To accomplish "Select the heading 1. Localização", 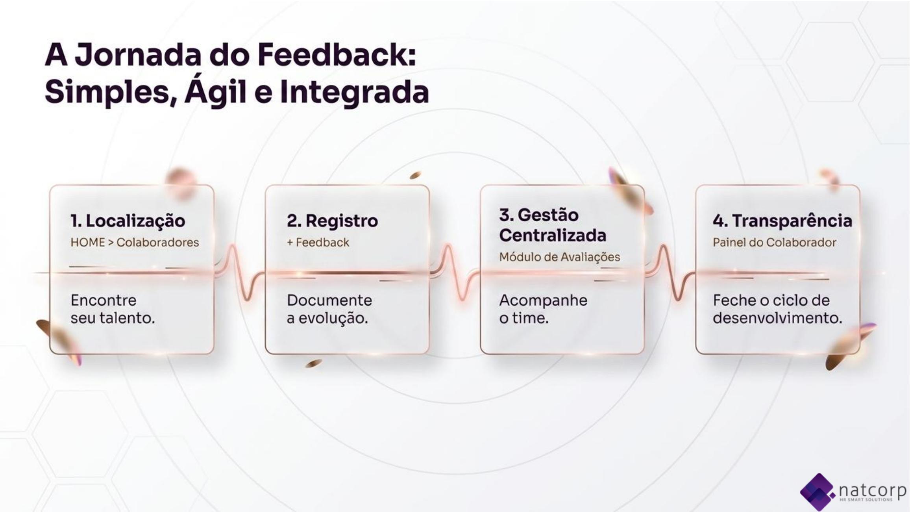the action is pyautogui.click(x=128, y=221).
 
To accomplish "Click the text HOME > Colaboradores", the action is pyautogui.click(x=135, y=242).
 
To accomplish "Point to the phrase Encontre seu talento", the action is pyautogui.click(x=113, y=309).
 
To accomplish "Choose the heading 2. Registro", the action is pyautogui.click(x=332, y=221).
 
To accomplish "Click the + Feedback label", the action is pyautogui.click(x=318, y=242).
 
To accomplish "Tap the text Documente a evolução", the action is pyautogui.click(x=329, y=309).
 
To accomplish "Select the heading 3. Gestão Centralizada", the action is pyautogui.click(x=553, y=225).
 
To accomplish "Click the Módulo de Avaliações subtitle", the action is pyautogui.click(x=559, y=257).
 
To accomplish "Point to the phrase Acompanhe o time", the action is pyautogui.click(x=543, y=309).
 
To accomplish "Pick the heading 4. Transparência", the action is pyautogui.click(x=782, y=221).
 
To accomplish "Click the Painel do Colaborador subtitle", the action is pyautogui.click(x=774, y=242).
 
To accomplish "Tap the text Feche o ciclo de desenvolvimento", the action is pyautogui.click(x=777, y=309).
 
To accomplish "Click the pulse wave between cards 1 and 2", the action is pyautogui.click(x=240, y=273).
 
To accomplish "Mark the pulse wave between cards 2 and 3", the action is pyautogui.click(x=455, y=273).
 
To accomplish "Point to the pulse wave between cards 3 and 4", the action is pyautogui.click(x=670, y=273).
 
